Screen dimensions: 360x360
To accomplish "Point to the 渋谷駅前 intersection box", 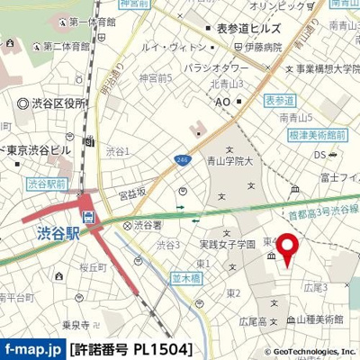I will pos(43,183).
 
